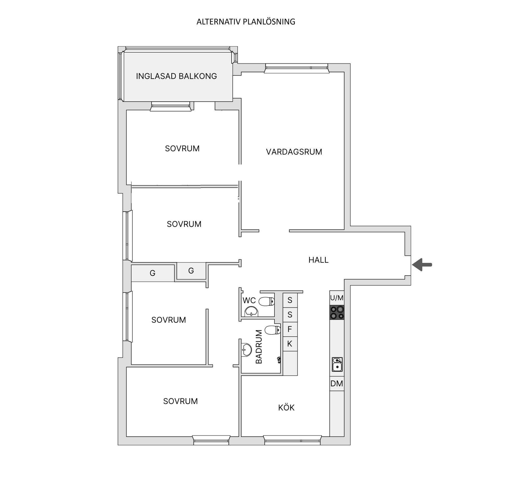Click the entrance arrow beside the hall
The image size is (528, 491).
(422, 265)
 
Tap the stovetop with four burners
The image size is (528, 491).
(337, 312)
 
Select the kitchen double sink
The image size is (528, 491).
(337, 364)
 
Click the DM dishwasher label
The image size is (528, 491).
(337, 384)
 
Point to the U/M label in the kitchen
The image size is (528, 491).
(337, 298)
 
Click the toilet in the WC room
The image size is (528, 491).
(266, 301)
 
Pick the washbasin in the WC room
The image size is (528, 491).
(251, 312)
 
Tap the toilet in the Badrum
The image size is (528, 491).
(273, 330)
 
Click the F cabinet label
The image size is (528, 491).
(290, 329)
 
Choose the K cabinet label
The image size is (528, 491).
(290, 343)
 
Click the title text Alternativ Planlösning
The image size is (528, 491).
(246, 22)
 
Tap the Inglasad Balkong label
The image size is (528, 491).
(177, 76)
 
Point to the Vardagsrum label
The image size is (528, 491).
(294, 152)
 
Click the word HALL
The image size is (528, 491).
(318, 260)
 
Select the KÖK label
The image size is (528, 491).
(286, 407)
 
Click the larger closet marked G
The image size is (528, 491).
(153, 273)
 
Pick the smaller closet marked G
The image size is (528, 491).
(191, 271)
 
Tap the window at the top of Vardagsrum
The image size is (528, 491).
(297, 68)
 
